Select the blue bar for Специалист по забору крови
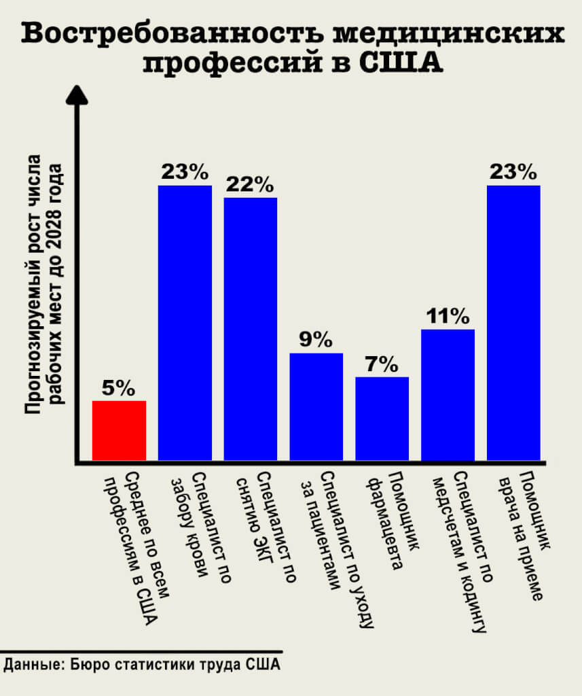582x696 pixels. click(x=185, y=323)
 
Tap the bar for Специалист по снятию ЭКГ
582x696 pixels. click(x=251, y=330)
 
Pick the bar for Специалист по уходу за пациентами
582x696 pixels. click(x=316, y=408)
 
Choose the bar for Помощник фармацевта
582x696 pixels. click(x=382, y=419)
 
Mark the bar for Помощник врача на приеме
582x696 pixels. click(x=513, y=323)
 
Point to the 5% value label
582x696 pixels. click(x=119, y=388)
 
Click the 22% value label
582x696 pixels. click(x=251, y=185)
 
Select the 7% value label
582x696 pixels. click(x=381, y=364)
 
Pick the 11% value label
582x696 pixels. click(x=448, y=316)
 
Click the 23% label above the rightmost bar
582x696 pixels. click(x=513, y=172)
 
